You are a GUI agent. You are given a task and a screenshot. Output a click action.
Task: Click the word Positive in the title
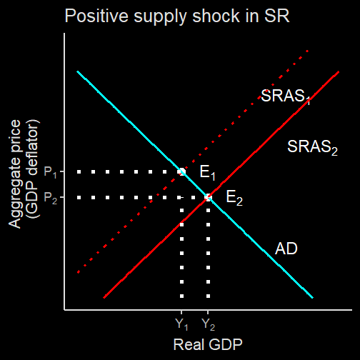(97, 16)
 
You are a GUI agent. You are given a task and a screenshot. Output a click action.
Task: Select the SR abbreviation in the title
(277, 16)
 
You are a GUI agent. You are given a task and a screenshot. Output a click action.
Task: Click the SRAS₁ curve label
(286, 96)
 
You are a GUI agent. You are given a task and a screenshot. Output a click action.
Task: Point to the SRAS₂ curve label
(312, 147)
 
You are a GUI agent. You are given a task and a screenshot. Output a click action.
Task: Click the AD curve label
(286, 249)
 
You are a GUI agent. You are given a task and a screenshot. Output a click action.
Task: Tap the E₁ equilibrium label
(207, 172)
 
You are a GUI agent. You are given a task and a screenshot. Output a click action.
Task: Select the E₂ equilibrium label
(234, 198)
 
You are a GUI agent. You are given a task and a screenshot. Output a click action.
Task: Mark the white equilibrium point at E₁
(182, 171)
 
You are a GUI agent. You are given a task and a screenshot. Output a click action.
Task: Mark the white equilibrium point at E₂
(208, 197)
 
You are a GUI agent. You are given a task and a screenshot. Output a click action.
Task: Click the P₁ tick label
(51, 172)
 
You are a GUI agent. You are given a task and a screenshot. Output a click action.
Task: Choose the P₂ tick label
(51, 198)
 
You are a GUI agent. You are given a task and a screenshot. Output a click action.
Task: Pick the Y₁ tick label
(181, 324)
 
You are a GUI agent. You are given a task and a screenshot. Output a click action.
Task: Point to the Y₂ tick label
(209, 324)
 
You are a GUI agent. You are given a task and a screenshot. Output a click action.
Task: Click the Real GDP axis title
(208, 344)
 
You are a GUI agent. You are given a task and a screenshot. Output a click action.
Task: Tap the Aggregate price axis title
(15, 174)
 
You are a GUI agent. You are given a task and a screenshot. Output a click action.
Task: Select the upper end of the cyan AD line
(77, 71)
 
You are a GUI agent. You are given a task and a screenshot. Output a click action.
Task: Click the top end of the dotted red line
(308, 51)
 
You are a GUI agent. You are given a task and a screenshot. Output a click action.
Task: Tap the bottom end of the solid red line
(104, 298)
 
